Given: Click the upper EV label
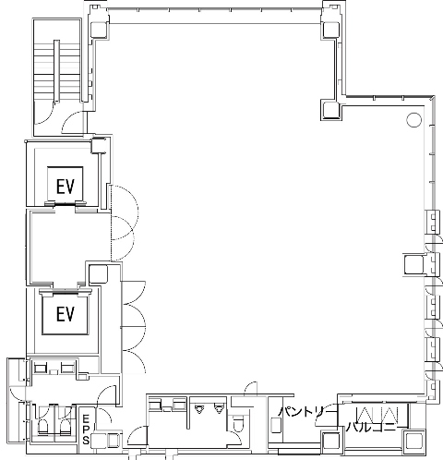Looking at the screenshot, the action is pos(66,187).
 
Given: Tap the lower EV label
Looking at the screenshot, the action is pos(66,314).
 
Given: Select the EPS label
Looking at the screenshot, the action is pos(86,430).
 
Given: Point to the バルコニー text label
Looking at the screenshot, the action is pos(371,428).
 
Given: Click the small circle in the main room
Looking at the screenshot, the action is pos(413,120).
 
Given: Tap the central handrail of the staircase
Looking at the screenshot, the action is pos(57,71).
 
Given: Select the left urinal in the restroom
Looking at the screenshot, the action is pos(199,409).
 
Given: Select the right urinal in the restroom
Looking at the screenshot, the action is pos(219,409).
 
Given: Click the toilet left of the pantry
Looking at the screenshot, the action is pos(237,423).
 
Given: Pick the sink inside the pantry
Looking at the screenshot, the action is pos(276,425).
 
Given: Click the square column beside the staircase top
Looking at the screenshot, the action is pos(99,30).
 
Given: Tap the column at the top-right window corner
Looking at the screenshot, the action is pos(330,30).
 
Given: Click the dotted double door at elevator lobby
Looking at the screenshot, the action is pos(123,223).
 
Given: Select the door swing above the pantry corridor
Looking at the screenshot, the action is pos(251,389).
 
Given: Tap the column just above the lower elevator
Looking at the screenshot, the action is pos(98,273).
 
